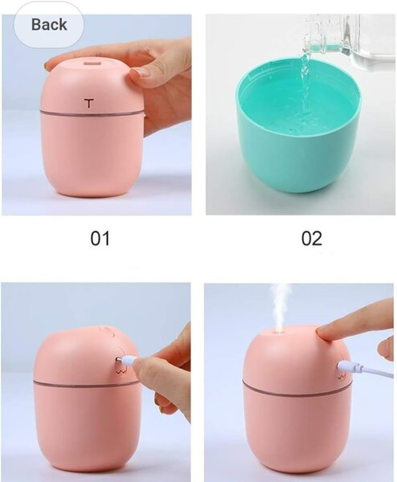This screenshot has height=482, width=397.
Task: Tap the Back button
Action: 49,24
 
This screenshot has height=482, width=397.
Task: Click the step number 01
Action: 100,238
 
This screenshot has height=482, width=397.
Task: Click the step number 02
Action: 311,238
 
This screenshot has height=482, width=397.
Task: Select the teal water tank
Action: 297,153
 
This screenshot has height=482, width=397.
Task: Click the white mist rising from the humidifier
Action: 281,305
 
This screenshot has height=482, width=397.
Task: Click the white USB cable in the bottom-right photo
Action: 366,370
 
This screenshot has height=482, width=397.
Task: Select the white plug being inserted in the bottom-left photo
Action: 128,359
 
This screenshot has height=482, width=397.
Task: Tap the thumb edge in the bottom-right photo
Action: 386,347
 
